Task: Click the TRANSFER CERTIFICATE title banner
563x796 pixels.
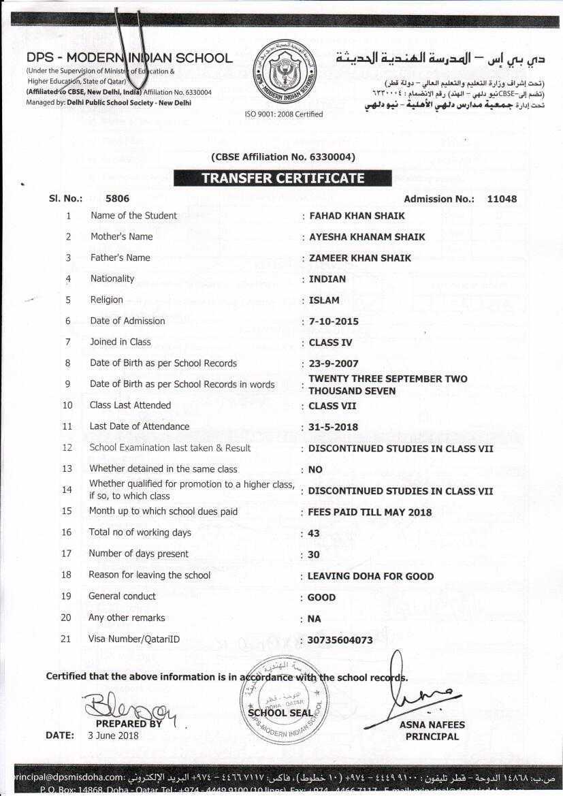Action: tap(283, 178)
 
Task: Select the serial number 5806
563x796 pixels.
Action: tap(117, 199)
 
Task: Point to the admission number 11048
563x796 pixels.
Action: tap(502, 199)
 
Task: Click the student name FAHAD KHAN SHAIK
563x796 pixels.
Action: tap(357, 216)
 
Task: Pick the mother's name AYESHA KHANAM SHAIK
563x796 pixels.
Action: tap(367, 237)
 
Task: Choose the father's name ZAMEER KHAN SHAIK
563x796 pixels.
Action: tap(360, 258)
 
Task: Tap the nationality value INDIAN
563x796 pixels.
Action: tap(327, 279)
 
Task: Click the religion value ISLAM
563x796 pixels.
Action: tap(324, 300)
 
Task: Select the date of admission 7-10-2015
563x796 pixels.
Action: tap(334, 321)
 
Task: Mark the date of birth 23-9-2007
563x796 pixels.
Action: tap(334, 364)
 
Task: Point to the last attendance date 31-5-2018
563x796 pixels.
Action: tap(333, 428)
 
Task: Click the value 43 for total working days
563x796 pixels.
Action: tap(314, 534)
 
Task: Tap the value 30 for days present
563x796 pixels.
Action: tap(314, 555)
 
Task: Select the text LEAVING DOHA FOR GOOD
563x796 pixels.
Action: tap(370, 576)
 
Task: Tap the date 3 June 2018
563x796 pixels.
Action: tap(113, 735)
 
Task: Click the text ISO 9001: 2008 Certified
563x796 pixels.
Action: tap(284, 114)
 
